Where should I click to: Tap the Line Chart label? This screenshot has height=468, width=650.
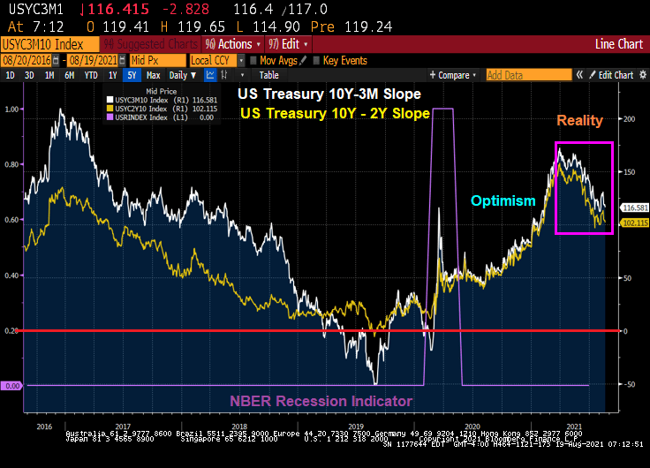(618, 43)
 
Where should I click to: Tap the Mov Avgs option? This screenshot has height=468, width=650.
(277, 60)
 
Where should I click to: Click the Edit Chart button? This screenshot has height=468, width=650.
(616, 75)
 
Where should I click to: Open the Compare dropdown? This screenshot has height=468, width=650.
(451, 75)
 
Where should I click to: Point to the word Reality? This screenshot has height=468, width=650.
(579, 120)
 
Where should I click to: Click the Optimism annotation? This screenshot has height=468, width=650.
(503, 200)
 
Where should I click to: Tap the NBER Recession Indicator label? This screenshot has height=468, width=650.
(321, 401)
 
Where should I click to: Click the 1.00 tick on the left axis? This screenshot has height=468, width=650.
(12, 109)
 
